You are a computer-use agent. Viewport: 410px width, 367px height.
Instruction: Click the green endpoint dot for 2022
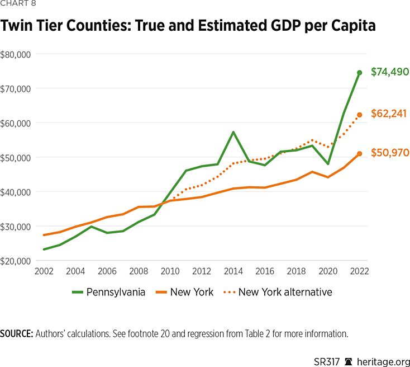360,73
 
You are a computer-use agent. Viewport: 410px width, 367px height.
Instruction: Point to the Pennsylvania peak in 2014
233,132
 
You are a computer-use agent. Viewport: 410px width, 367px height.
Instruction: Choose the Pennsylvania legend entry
109,291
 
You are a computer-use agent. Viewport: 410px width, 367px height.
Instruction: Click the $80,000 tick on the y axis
17,54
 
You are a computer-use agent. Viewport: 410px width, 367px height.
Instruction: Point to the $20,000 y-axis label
17,261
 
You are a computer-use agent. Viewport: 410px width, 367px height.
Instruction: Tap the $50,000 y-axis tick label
17,158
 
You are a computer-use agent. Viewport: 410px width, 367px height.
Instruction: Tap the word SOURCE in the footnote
16,334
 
